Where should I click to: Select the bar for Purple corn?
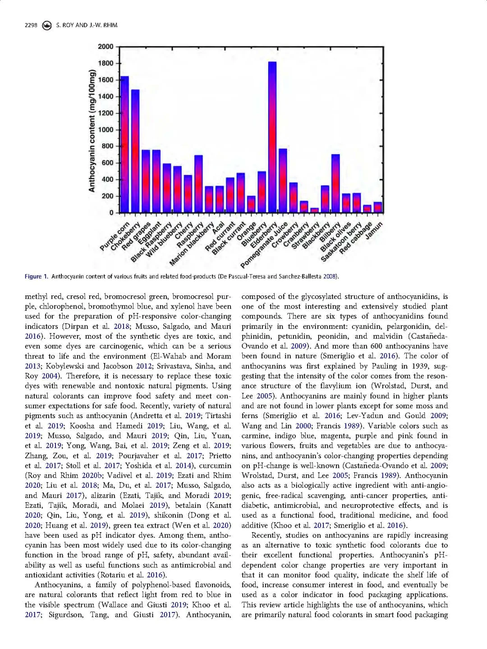(124, 144)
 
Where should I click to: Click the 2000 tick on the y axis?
(106, 46)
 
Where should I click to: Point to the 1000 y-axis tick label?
(106, 130)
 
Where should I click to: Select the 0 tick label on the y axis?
(111, 213)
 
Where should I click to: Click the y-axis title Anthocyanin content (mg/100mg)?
(92, 131)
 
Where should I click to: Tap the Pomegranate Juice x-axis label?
(264, 245)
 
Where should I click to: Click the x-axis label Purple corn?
(115, 236)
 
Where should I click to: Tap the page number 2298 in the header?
(31, 25)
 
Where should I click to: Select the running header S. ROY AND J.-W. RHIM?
(87, 25)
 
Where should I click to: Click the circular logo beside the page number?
(46, 25)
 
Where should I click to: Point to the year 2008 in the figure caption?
(330, 276)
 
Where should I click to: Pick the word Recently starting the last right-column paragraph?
(266, 535)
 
